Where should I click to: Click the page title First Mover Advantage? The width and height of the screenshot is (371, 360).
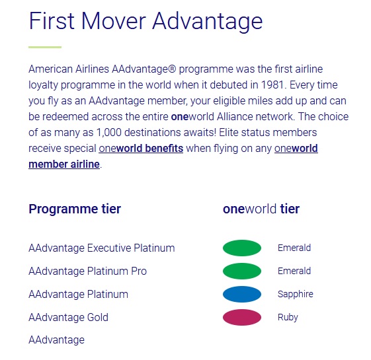145,22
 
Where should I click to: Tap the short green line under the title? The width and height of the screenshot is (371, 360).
45,48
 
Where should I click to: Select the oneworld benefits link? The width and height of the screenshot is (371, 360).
141,149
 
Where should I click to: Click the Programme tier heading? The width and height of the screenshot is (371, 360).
75,209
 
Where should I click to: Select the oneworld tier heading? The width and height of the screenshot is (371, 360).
261,209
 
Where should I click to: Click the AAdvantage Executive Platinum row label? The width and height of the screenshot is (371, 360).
102,248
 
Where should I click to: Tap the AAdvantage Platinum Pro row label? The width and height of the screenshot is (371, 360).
88,271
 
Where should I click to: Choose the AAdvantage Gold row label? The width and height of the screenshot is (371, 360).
68,317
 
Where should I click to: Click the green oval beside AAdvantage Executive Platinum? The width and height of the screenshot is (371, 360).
242,248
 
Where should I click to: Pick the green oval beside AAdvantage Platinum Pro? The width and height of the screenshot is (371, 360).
242,271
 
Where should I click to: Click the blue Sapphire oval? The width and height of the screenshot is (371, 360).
242,295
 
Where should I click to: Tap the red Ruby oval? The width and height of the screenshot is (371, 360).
242,317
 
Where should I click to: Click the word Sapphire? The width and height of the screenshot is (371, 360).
296,295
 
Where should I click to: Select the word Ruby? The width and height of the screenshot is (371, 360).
288,317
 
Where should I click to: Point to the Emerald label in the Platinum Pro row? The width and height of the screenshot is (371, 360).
294,271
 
